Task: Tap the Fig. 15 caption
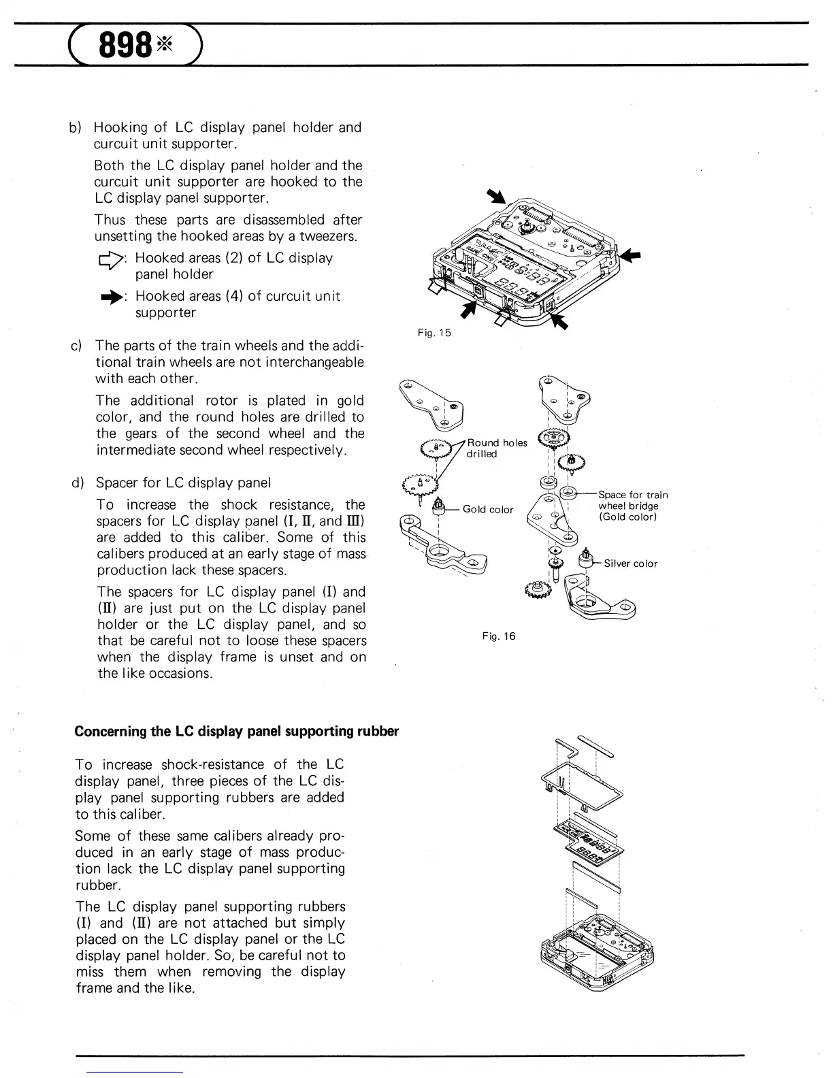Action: [434, 333]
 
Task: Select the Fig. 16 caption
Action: [499, 636]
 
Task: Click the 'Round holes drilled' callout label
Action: [496, 448]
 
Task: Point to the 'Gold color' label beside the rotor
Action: [488, 509]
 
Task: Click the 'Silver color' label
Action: [631, 563]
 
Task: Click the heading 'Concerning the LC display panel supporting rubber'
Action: [236, 732]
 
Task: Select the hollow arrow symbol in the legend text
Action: [110, 259]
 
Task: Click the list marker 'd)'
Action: [77, 483]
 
